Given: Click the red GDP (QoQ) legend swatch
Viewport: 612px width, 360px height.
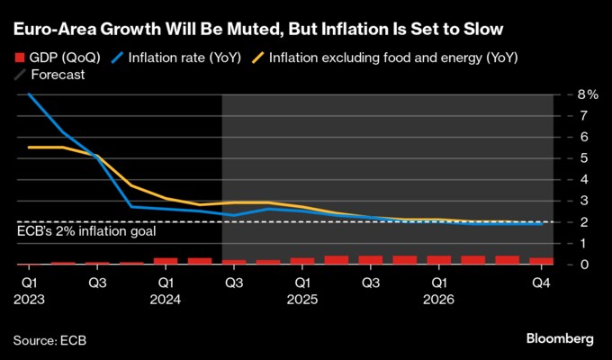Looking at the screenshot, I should click(x=20, y=58).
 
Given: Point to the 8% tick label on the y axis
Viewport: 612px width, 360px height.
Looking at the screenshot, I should click(x=588, y=94).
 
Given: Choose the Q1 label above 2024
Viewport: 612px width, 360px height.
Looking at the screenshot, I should click(x=166, y=282).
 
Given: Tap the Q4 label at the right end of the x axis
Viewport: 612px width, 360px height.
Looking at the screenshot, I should click(x=541, y=282).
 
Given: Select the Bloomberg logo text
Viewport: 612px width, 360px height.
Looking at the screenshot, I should click(x=560, y=338).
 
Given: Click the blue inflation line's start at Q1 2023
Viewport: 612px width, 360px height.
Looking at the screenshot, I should click(x=29, y=94).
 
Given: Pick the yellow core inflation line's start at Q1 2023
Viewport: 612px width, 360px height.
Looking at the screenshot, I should click(x=29, y=147).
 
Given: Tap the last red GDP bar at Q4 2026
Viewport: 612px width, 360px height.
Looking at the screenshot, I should click(x=541, y=261).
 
